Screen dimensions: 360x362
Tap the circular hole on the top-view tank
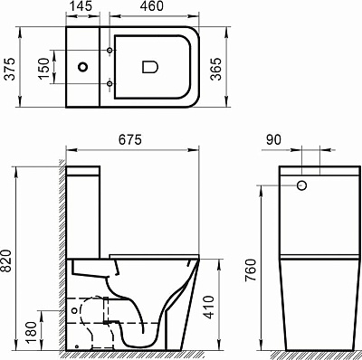pos(84,66)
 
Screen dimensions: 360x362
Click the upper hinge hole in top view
pos(110,47)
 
